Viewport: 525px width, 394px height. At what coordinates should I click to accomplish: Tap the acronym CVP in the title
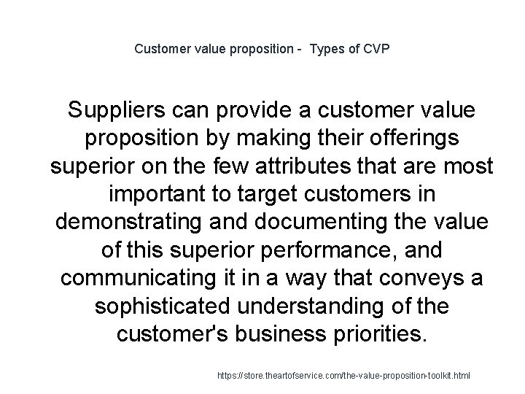tap(376, 50)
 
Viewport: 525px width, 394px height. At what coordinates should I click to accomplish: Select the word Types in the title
tap(329, 50)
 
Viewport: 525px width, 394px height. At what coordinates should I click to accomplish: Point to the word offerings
tap(412, 139)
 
